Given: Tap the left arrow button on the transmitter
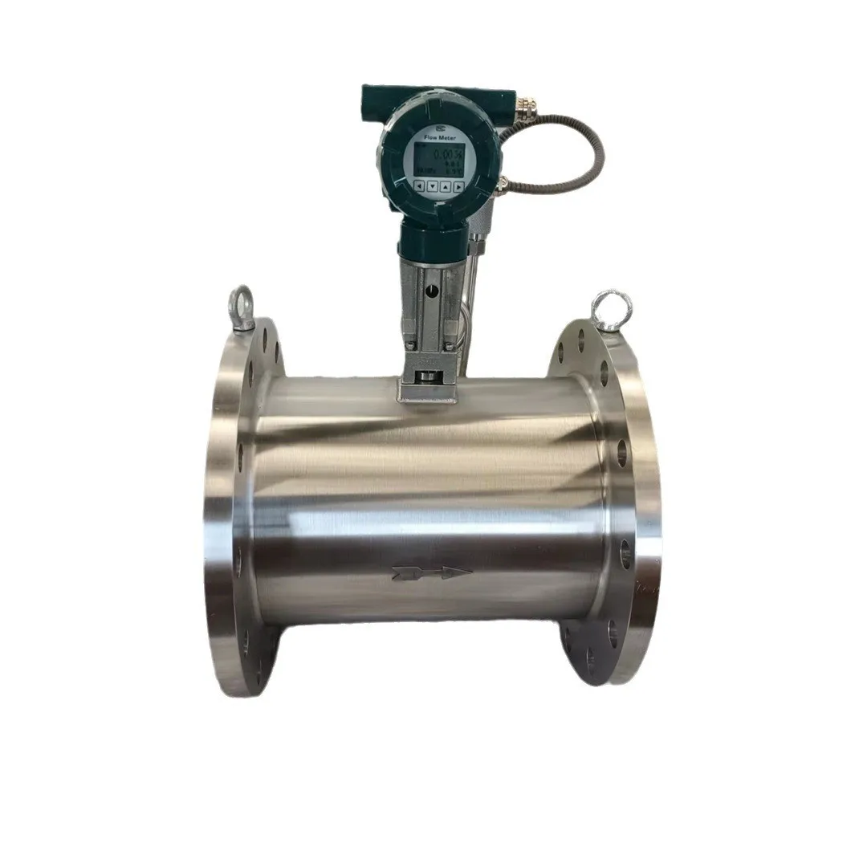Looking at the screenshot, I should (419, 186).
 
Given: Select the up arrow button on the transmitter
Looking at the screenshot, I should (446, 186).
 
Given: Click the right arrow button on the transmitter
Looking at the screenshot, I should (458, 186).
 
